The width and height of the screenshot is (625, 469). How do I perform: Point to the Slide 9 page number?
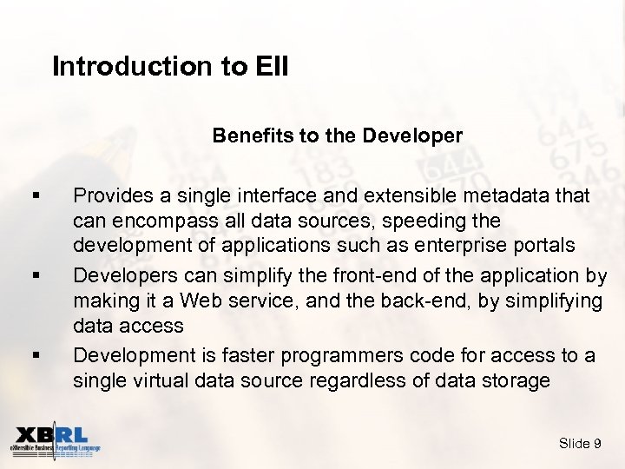pyautogui.click(x=580, y=444)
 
